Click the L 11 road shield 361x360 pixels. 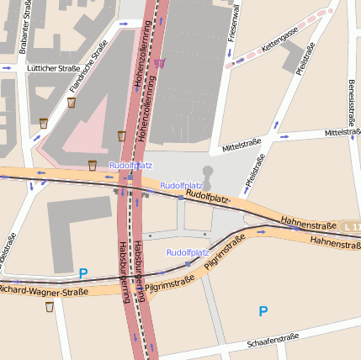[352, 227]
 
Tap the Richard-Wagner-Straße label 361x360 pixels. [44, 290]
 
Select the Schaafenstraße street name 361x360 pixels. [273, 341]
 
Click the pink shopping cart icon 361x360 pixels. [160, 62]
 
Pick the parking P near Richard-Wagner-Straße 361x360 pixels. [82, 273]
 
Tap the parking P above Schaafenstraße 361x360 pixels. [263, 311]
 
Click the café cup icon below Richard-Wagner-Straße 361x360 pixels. [50, 307]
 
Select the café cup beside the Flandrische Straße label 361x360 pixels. [72, 103]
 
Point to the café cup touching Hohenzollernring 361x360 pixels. [122, 135]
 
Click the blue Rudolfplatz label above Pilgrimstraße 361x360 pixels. [187, 252]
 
